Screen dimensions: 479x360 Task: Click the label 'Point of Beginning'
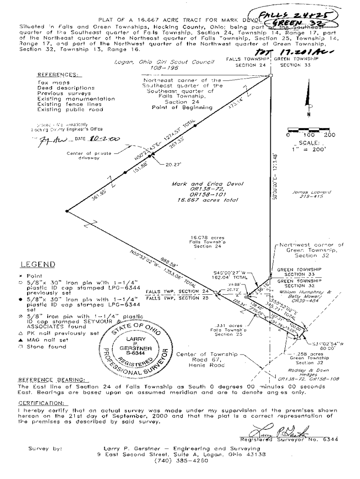[182, 107]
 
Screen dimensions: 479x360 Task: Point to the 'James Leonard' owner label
[305, 192]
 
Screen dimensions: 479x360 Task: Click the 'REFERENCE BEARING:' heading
[53, 379]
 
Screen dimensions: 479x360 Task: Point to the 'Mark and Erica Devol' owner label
[208, 184]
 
